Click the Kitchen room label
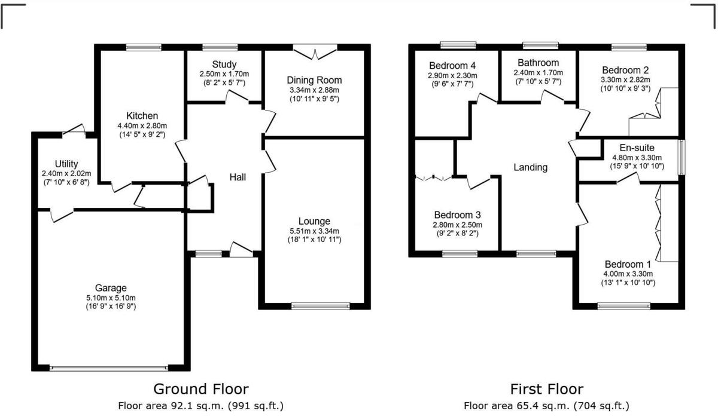pyautogui.click(x=142, y=115)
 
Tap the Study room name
pyautogui.click(x=224, y=64)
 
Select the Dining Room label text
pyautogui.click(x=314, y=80)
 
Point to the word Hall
pyautogui.click(x=238, y=177)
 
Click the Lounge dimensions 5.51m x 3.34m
pyautogui.click(x=314, y=231)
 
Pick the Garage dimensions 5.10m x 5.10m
pyautogui.click(x=110, y=298)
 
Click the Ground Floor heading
pyautogui.click(x=201, y=389)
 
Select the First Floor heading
pyautogui.click(x=546, y=389)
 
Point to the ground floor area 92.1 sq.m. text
pyautogui.click(x=201, y=406)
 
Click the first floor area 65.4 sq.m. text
pyautogui.click(x=546, y=406)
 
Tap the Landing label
pyautogui.click(x=531, y=167)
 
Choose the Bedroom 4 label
pyautogui.click(x=452, y=66)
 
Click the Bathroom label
pyautogui.click(x=538, y=63)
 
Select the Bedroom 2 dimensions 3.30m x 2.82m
pyautogui.click(x=626, y=79)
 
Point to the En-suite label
pyautogui.click(x=637, y=148)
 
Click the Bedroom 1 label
pyautogui.click(x=628, y=264)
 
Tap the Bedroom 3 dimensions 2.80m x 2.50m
pyautogui.click(x=458, y=225)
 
